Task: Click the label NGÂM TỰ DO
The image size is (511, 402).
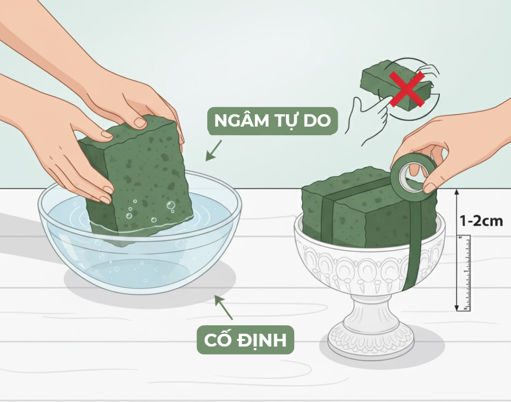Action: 272,121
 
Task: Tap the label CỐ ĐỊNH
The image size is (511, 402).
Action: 245,340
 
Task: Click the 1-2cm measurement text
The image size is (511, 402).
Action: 481,221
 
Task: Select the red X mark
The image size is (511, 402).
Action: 407,89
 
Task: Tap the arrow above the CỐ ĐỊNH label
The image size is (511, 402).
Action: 223,307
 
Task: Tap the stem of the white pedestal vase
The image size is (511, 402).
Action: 370,312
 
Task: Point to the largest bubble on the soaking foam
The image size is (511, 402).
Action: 170,205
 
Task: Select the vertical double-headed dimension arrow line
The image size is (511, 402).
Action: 457,250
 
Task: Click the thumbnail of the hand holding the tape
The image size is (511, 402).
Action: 430,188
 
